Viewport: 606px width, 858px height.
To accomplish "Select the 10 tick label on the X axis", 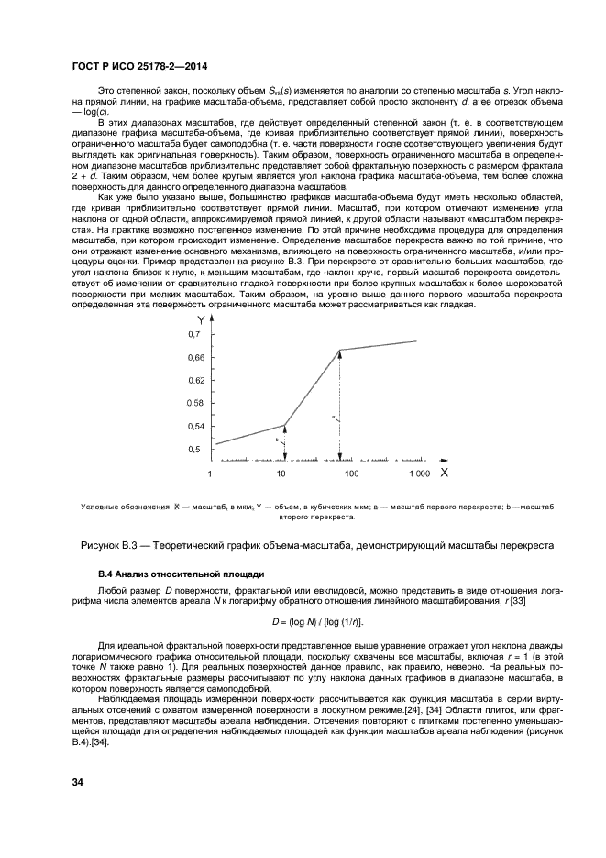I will pos(281,474).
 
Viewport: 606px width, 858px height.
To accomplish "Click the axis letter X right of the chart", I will pos(443,473).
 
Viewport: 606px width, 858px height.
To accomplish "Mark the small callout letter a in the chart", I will pos(333,416).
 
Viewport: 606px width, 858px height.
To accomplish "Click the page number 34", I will pos(80,782).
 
